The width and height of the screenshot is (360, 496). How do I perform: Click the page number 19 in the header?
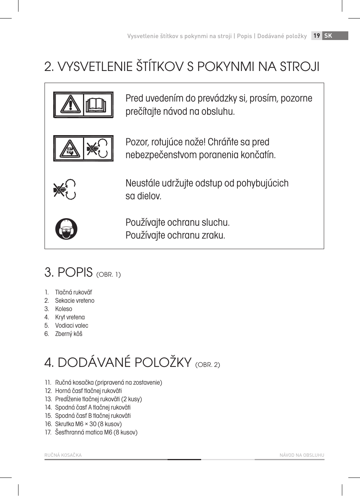click(x=317, y=35)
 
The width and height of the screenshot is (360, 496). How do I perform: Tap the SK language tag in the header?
click(x=328, y=35)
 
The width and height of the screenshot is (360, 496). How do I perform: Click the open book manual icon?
click(x=98, y=105)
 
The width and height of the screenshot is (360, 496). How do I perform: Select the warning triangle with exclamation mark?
click(x=70, y=105)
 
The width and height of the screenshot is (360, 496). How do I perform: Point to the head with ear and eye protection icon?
click(x=66, y=229)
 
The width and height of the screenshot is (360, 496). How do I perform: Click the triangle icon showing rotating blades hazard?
click(x=69, y=149)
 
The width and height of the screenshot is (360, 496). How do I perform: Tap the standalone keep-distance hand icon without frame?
click(x=65, y=189)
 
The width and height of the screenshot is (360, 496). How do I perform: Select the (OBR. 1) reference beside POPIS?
click(x=108, y=274)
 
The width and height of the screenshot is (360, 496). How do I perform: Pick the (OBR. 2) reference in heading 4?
click(x=207, y=365)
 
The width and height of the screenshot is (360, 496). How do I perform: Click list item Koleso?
click(x=63, y=309)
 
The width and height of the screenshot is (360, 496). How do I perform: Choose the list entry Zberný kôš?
click(x=68, y=334)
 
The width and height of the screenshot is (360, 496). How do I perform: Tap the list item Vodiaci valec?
click(x=71, y=325)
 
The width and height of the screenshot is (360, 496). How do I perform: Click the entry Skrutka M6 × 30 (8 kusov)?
click(x=88, y=424)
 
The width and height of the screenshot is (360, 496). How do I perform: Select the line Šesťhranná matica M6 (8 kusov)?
click(x=96, y=432)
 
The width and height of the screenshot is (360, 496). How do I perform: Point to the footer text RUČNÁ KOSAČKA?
click(x=63, y=455)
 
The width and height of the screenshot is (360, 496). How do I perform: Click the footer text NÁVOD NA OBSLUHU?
click(x=302, y=455)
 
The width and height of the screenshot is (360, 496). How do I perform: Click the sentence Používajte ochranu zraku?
click(x=175, y=235)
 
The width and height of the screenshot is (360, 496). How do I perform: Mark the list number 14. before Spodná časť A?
click(x=48, y=407)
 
